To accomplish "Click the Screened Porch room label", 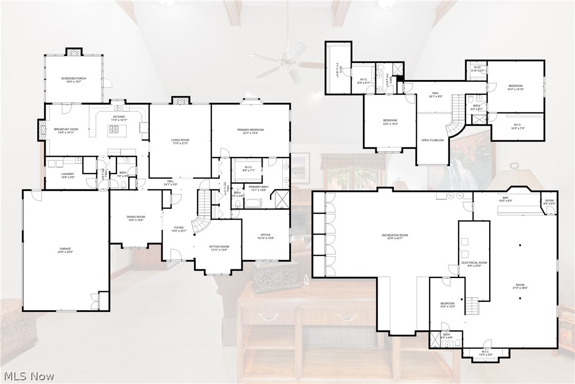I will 73,78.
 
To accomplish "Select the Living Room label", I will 180,140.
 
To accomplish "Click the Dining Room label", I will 136,216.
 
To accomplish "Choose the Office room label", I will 265,235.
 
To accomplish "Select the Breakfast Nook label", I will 66,129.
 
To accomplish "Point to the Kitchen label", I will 119,117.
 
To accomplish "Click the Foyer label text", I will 179,228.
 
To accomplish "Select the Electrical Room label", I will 474,263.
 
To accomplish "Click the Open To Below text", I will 432,140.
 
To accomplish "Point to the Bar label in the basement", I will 505,198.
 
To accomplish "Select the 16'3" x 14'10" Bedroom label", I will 515,86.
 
